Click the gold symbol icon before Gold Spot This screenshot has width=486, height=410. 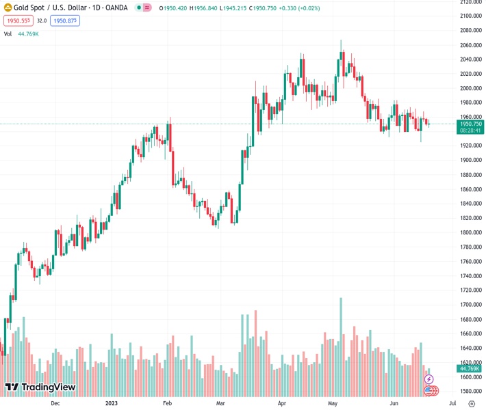click(8, 8)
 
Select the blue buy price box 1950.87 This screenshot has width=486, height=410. click(64, 20)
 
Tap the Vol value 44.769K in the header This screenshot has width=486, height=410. click(28, 33)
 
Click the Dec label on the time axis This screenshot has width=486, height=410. click(55, 403)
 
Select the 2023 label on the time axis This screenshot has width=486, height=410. click(112, 403)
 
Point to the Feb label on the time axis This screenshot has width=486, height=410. click(166, 403)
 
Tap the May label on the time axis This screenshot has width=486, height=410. click(333, 403)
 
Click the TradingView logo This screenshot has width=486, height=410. click(40, 387)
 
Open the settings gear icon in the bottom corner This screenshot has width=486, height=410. click(472, 403)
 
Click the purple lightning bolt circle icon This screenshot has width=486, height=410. click(429, 379)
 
